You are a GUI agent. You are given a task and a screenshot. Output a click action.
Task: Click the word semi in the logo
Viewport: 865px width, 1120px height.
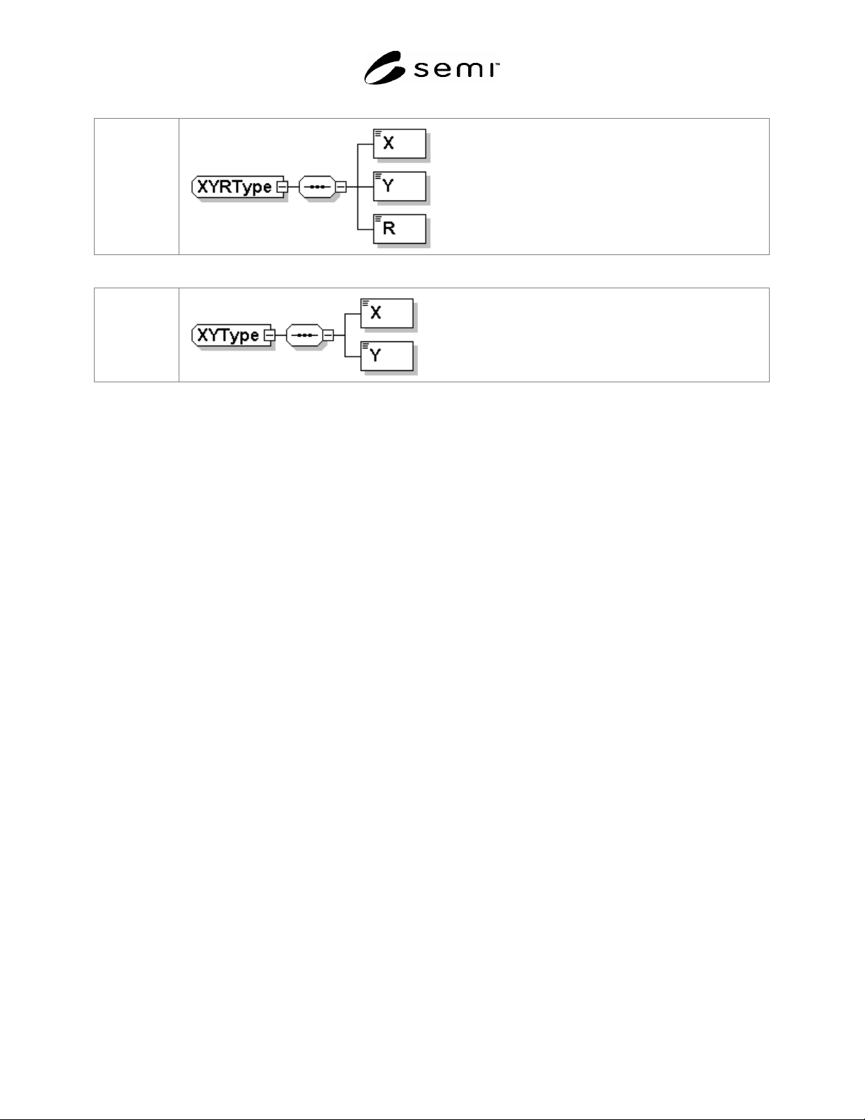[456, 70]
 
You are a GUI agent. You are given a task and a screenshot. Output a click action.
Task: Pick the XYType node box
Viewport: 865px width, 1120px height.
[231, 335]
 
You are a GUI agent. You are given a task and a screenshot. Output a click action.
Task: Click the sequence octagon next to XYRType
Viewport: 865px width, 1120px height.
[317, 187]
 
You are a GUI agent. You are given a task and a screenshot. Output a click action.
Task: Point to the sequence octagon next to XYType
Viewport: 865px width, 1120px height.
[304, 335]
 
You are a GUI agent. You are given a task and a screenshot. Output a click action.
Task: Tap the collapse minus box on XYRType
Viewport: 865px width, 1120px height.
[282, 187]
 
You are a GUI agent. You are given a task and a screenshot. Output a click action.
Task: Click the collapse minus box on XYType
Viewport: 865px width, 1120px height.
[269, 335]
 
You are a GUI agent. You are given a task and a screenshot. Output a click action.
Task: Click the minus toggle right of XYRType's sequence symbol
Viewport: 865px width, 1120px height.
[341, 187]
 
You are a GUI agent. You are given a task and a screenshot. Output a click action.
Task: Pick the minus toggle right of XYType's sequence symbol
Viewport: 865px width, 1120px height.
[328, 335]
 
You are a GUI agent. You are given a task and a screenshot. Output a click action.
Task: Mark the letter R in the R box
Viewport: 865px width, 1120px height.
[389, 228]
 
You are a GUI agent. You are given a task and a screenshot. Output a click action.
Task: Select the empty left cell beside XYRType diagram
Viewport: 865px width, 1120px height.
[136, 187]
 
